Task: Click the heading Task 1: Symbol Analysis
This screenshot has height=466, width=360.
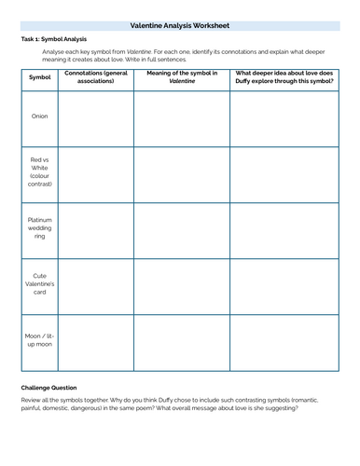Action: pyautogui.click(x=53, y=39)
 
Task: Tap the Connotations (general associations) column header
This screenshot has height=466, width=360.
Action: pyautogui.click(x=97, y=76)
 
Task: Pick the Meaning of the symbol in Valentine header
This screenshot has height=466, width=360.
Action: pyautogui.click(x=182, y=76)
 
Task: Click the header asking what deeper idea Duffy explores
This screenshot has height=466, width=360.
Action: pyautogui.click(x=284, y=76)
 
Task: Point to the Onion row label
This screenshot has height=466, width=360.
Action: pyautogui.click(x=40, y=116)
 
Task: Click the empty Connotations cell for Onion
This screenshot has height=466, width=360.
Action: pyautogui.click(x=97, y=117)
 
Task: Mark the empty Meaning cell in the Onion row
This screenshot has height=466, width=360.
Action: pyautogui.click(x=182, y=117)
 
